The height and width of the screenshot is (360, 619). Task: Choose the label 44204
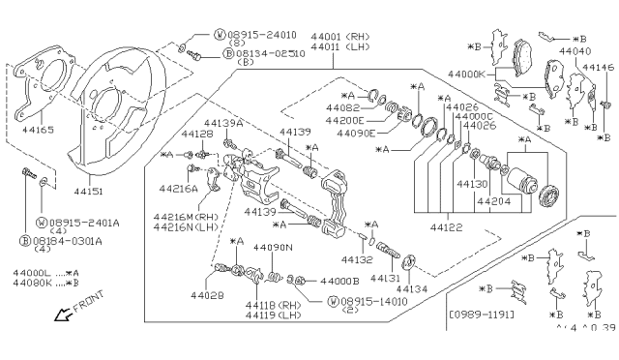pos(491,201)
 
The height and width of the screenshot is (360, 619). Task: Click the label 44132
pos(357,260)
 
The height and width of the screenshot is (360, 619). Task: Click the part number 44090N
pos(273,248)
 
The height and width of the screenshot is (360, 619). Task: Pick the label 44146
pos(599,67)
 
